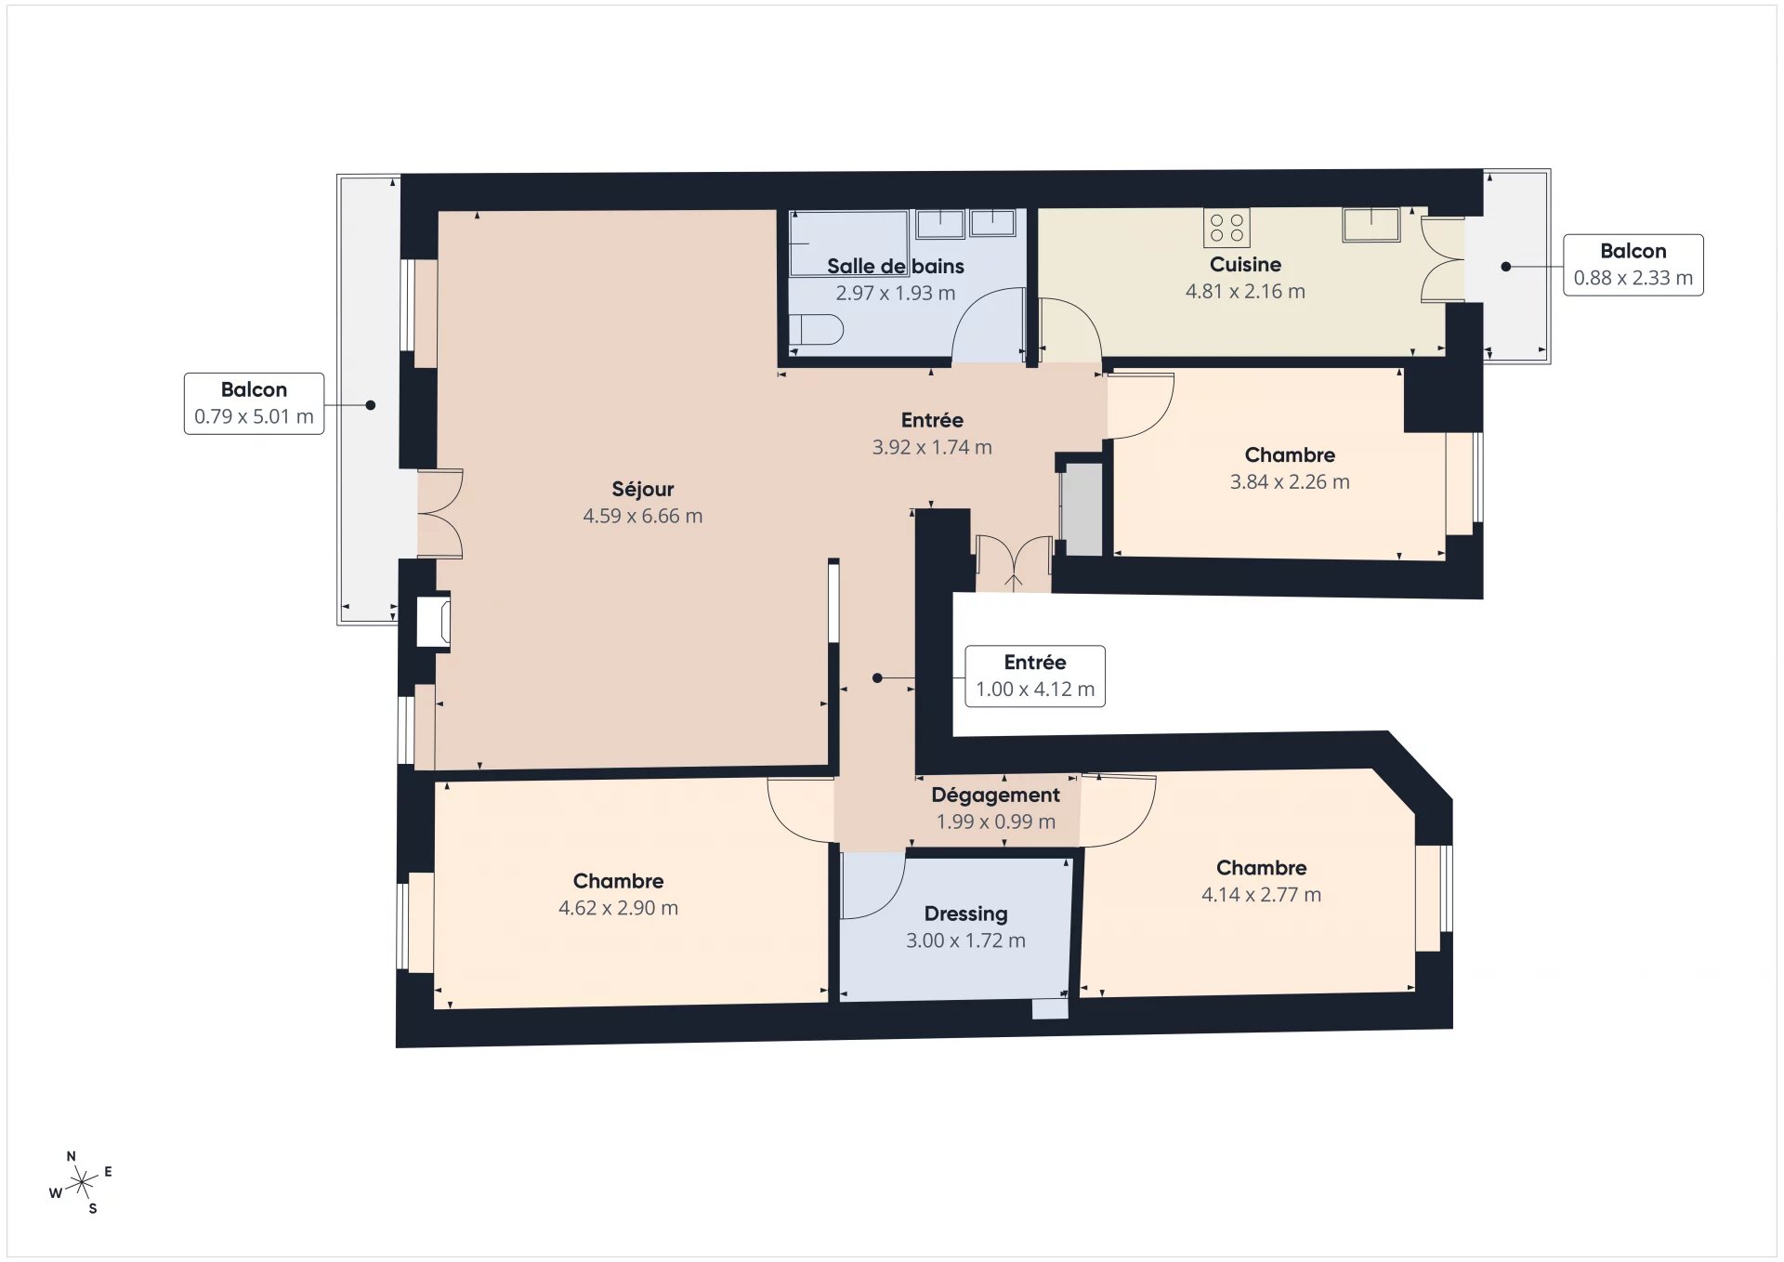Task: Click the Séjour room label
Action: (x=642, y=489)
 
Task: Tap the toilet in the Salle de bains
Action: (x=817, y=329)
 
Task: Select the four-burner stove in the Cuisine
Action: (x=1226, y=228)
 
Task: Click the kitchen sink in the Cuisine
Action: (x=1371, y=225)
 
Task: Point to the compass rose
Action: (x=82, y=1182)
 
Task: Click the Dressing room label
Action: (x=965, y=914)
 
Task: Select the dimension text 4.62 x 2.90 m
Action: (x=618, y=908)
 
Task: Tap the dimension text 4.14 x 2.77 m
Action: (x=1261, y=894)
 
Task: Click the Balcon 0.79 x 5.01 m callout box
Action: (x=254, y=403)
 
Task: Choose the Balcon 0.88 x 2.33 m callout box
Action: (x=1633, y=265)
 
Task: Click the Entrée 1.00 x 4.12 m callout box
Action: (x=1035, y=677)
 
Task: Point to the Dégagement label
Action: (x=995, y=795)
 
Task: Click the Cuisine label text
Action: (x=1245, y=264)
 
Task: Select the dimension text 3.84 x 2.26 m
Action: (x=1290, y=481)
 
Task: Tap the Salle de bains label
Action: (x=895, y=266)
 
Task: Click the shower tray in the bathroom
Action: (x=847, y=243)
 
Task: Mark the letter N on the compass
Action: (x=72, y=1156)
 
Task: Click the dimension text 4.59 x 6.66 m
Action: (x=642, y=516)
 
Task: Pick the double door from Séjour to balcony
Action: (x=440, y=514)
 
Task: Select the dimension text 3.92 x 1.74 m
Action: (x=932, y=447)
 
